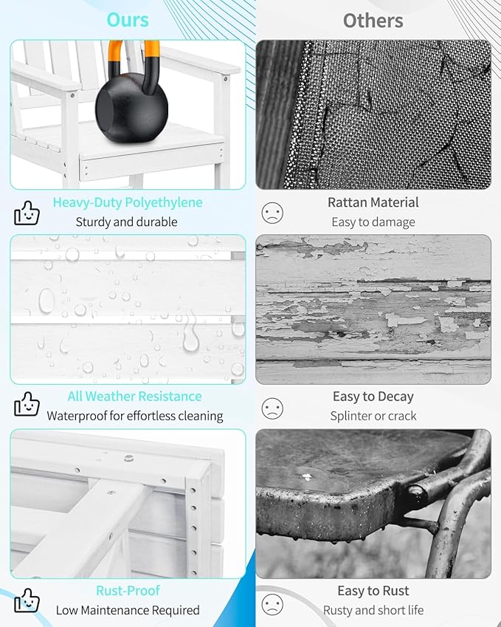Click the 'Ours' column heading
pyautogui.click(x=128, y=20)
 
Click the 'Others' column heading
pyautogui.click(x=373, y=21)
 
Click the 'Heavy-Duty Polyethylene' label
pyautogui.click(x=128, y=202)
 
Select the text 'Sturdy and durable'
pyautogui.click(x=127, y=222)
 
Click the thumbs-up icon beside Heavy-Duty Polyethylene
pyautogui.click(x=27, y=213)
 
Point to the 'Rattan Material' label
pyautogui.click(x=373, y=202)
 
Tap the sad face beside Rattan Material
pyautogui.click(x=272, y=213)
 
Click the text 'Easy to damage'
pyautogui.click(x=373, y=222)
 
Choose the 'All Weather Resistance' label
pyautogui.click(x=134, y=397)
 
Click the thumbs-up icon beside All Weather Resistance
pyautogui.click(x=27, y=404)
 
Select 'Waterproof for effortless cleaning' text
pyautogui.click(x=135, y=416)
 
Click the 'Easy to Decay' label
pyautogui.click(x=373, y=397)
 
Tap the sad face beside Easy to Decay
pyautogui.click(x=272, y=408)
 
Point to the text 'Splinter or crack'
pyautogui.click(x=373, y=416)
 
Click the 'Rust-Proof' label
pyautogui.click(x=128, y=591)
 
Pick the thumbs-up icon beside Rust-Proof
pyautogui.click(x=27, y=600)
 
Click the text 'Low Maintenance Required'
pyautogui.click(x=128, y=610)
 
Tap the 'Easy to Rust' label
pyautogui.click(x=373, y=591)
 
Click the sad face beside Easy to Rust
pyautogui.click(x=272, y=604)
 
